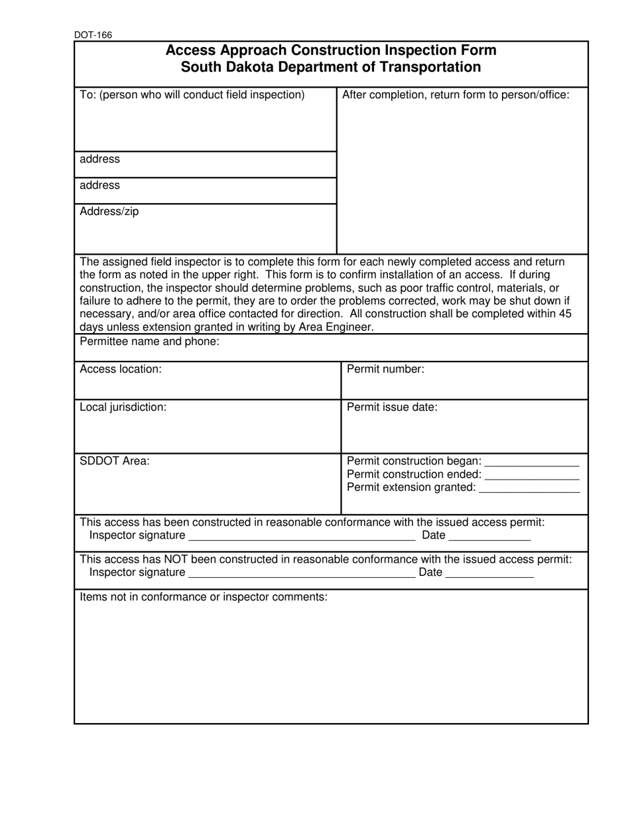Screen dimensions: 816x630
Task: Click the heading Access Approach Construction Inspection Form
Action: [330, 50]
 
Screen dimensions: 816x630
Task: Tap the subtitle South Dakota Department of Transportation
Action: [330, 67]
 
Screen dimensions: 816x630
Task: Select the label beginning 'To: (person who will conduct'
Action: [192, 95]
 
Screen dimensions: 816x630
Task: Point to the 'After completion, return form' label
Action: [456, 95]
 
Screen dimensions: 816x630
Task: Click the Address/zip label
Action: [109, 212]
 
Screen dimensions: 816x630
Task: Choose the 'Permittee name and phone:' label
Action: [149, 342]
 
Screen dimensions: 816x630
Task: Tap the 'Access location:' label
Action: [120, 370]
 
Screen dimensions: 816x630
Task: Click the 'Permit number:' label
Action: [385, 370]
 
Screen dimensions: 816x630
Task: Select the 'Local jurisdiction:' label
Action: [123, 407]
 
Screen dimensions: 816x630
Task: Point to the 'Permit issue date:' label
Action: [392, 407]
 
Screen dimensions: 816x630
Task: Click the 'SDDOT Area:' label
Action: [115, 461]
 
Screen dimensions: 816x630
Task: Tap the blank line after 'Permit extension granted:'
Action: [529, 490]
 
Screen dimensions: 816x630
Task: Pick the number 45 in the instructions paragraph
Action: [560, 314]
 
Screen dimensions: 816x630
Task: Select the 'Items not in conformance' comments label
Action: [204, 597]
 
